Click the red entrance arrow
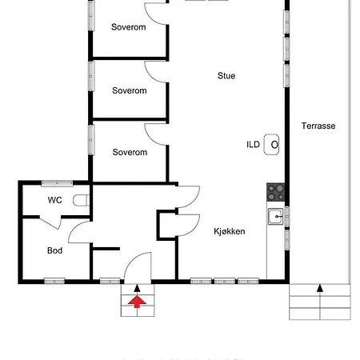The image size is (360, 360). (137, 302)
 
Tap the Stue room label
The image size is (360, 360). (226, 76)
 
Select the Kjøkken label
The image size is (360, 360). (230, 231)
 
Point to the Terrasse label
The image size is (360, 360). (318, 126)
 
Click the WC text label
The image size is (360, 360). (55, 200)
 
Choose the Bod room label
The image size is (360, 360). (54, 250)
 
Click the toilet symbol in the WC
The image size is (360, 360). (81, 200)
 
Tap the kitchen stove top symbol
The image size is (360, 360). (276, 192)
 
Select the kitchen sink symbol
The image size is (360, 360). (276, 217)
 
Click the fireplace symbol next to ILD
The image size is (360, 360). (271, 145)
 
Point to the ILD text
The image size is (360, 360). (253, 145)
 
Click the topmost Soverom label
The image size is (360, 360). (129, 27)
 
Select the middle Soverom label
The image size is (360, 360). (130, 90)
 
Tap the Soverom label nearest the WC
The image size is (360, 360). (130, 152)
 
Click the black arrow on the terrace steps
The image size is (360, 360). (320, 288)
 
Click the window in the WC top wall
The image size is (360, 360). (57, 182)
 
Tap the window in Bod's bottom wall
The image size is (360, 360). (54, 282)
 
